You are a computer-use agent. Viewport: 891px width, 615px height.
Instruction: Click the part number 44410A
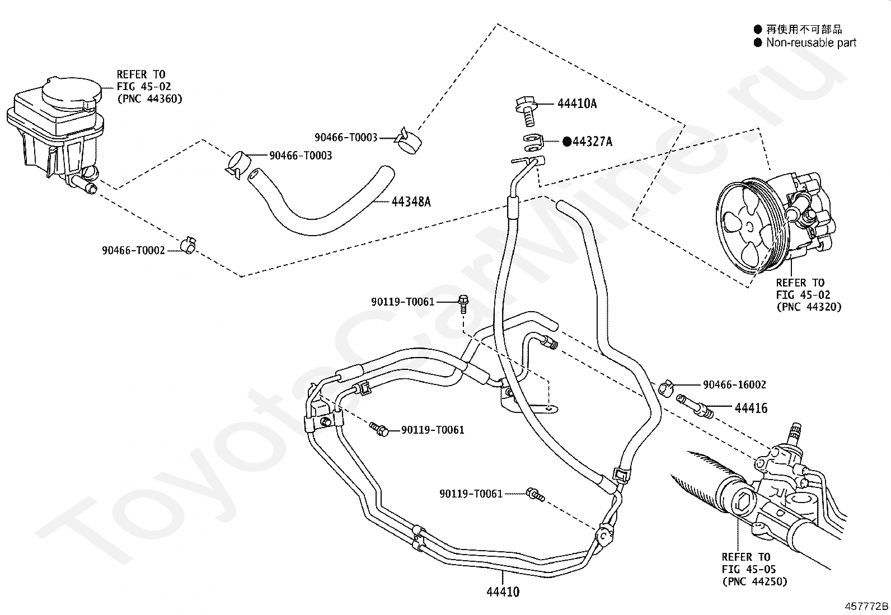click(x=577, y=104)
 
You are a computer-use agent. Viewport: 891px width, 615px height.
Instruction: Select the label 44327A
click(x=592, y=142)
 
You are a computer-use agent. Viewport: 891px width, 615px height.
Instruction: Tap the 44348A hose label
click(x=411, y=202)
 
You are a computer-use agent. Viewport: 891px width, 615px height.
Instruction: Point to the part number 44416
click(x=751, y=408)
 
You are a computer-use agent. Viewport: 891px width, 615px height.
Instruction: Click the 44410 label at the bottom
click(x=503, y=592)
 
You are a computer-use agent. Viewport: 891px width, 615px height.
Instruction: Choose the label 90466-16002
click(x=734, y=384)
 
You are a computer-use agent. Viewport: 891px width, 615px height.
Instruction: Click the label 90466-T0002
click(x=133, y=250)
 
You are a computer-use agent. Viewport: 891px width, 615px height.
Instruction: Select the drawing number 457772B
click(x=866, y=606)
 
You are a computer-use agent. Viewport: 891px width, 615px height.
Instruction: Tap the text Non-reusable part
click(x=811, y=43)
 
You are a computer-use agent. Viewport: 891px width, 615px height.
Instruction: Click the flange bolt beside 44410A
click(x=527, y=111)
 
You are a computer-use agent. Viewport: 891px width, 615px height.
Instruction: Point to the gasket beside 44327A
click(x=533, y=143)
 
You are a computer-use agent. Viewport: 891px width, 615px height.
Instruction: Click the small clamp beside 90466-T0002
click(x=189, y=245)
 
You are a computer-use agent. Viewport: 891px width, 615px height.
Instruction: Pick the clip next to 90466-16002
click(x=665, y=387)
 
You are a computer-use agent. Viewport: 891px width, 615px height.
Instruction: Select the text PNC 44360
click(x=149, y=98)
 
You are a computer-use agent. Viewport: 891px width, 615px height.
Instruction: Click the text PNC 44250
click(x=754, y=581)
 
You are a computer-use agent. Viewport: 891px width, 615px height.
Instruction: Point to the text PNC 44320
click(x=809, y=307)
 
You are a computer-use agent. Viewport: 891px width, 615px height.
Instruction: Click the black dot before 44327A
click(x=567, y=142)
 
